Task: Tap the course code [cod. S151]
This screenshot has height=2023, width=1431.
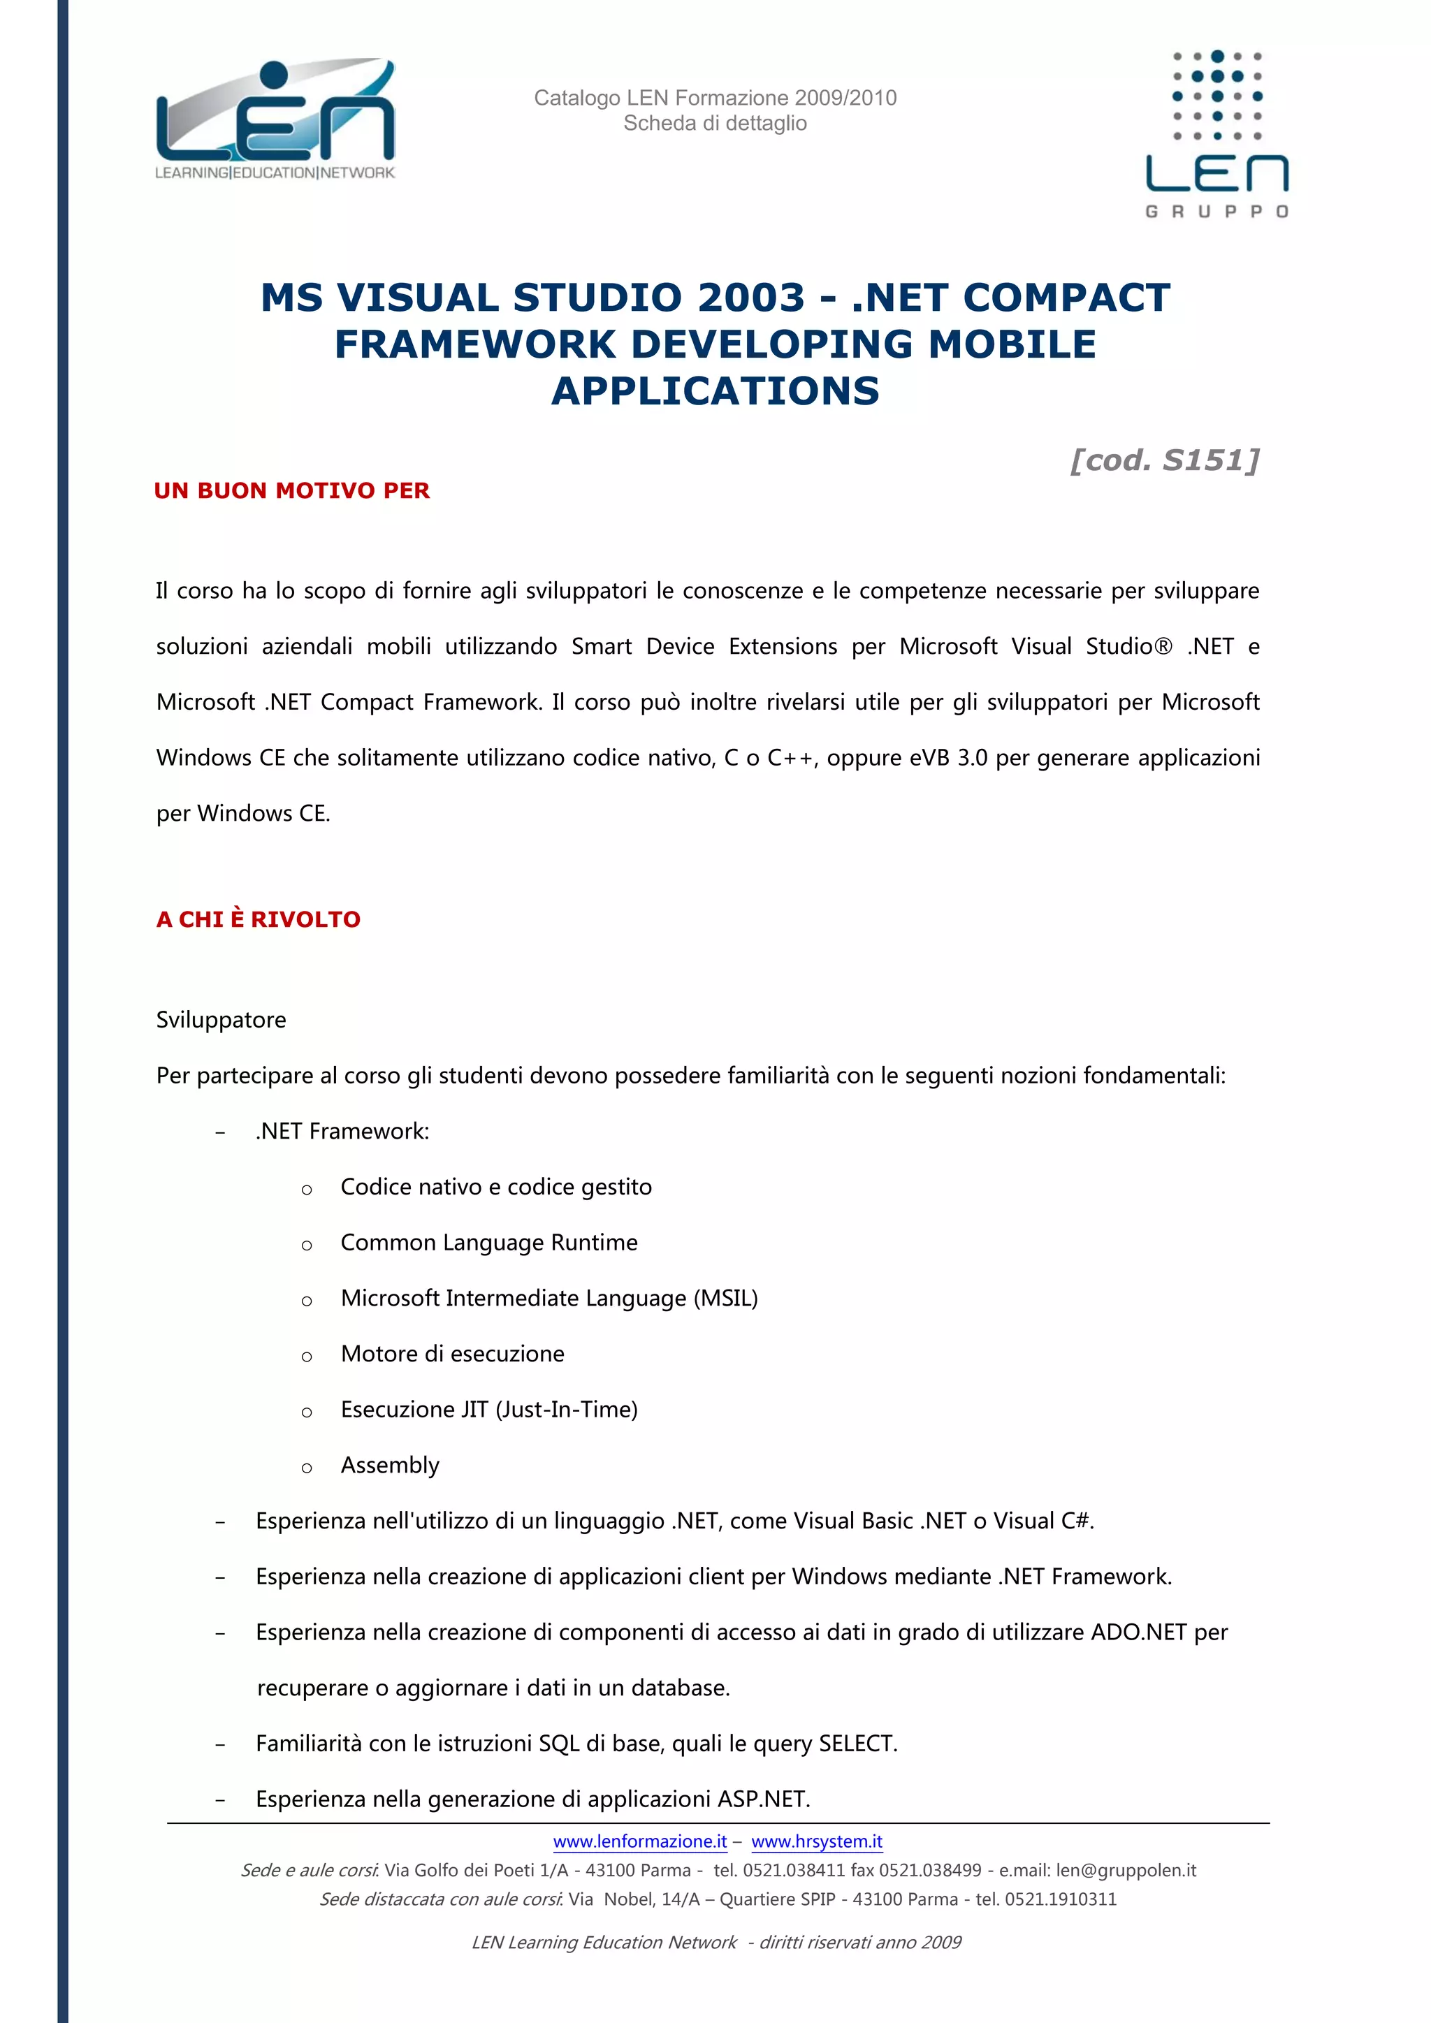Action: (1164, 460)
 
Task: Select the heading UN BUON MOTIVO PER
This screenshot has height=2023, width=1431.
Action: (291, 491)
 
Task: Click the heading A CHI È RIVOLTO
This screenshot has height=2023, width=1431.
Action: (258, 919)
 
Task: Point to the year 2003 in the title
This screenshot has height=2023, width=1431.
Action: (750, 298)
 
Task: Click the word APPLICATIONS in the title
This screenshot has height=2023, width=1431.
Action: (715, 391)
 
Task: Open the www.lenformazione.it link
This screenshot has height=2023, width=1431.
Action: (640, 1841)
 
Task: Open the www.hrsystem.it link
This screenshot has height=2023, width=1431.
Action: (817, 1841)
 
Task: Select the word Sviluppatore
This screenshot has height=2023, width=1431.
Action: (221, 1019)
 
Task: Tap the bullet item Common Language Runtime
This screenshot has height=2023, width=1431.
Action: (489, 1242)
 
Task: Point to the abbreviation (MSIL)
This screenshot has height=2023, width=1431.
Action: (725, 1298)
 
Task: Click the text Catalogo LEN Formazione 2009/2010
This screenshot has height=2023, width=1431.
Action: (715, 98)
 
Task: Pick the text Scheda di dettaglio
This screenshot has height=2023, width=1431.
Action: (715, 124)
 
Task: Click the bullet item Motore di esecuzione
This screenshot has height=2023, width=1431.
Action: (452, 1353)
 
